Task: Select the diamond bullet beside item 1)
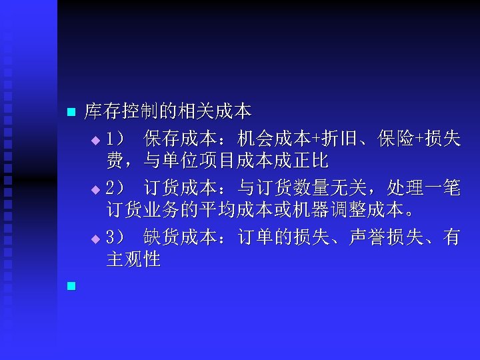pos(95,141)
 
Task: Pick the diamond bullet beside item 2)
pos(95,190)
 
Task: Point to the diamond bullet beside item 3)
pos(95,239)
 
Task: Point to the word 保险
pos(391,139)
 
